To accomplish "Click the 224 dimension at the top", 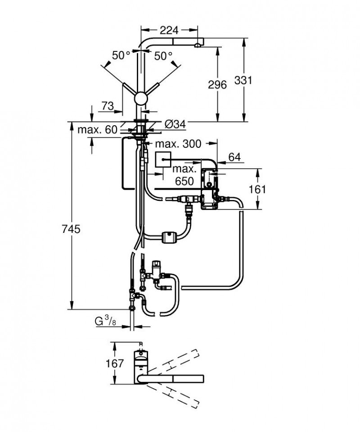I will (169, 30).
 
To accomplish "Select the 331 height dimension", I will (243, 80).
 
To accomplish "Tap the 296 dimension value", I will (217, 84).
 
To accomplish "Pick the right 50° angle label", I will (163, 56).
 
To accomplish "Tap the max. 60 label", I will (97, 130).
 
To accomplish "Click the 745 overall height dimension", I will (71, 229).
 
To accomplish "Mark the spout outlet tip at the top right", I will (198, 45).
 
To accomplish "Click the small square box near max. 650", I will (163, 160).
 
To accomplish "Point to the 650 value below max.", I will (184, 181).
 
